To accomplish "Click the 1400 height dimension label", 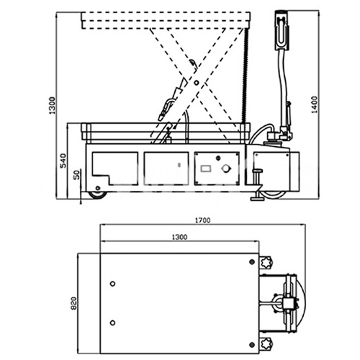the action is [x=314, y=104].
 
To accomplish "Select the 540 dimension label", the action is [x=63, y=161].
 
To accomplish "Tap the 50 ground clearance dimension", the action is [x=76, y=175].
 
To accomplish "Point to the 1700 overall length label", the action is [x=202, y=220].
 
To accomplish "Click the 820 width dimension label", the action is [x=73, y=303].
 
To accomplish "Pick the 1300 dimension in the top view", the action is [x=179, y=237].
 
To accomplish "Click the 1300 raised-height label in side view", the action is [x=52, y=105].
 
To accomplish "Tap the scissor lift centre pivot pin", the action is [x=197, y=83].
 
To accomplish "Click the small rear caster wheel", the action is [x=98, y=194].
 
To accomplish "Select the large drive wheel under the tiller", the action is [x=274, y=194].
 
